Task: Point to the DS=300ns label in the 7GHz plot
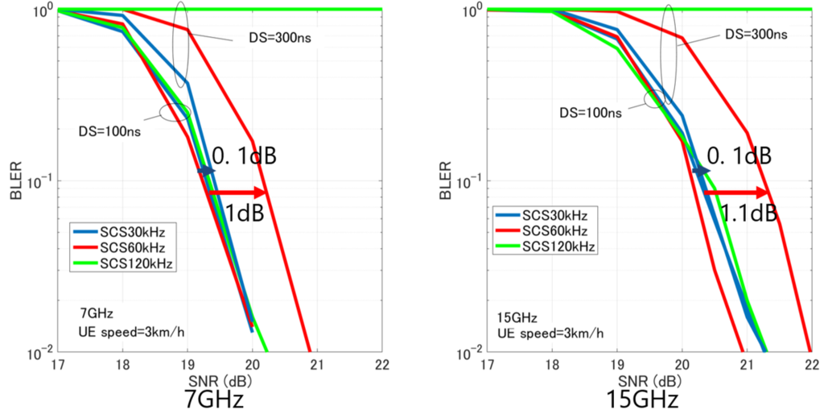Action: pos(281,39)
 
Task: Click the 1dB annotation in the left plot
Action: pos(245,213)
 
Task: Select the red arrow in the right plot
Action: pos(737,193)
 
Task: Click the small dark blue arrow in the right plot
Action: pos(702,171)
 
